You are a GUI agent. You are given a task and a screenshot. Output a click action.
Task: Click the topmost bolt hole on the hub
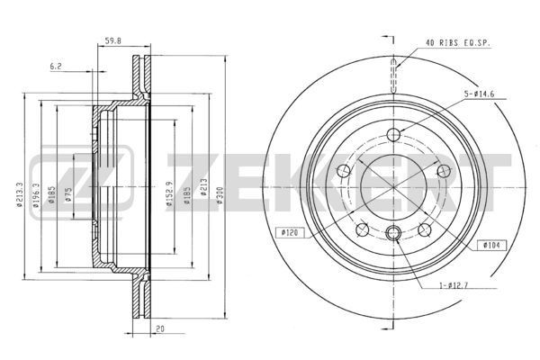point(393,136)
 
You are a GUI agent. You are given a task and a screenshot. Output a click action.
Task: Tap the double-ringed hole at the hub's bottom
point(393,236)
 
